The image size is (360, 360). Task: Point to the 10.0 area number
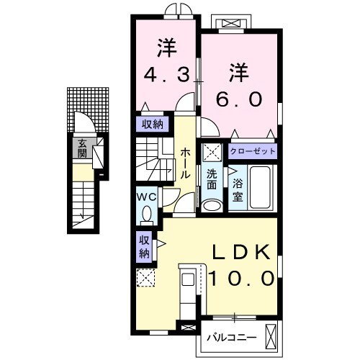tap(240, 277)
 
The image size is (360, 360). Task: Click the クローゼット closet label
tap(253, 152)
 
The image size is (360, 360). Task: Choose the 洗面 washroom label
tap(212, 179)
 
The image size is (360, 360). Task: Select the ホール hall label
tap(186, 164)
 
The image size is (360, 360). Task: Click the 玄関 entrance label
tap(82, 148)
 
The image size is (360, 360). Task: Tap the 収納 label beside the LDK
tap(144, 246)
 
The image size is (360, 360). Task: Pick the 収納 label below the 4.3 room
tap(151, 123)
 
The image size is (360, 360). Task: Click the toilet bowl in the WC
tap(147, 214)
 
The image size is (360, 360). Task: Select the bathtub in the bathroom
tap(260, 189)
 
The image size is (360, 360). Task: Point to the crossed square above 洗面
tap(212, 153)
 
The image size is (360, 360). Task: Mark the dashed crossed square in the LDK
tap(145, 277)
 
